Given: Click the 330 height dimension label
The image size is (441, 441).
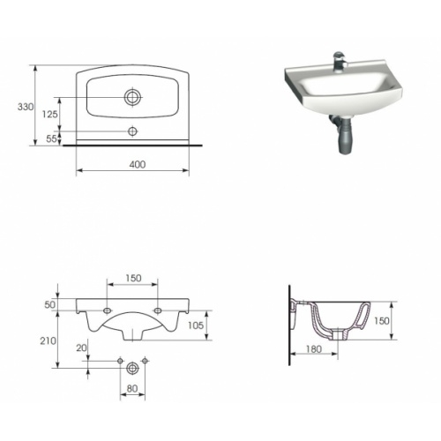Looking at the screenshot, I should (25, 107).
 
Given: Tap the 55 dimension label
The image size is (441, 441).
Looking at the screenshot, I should (51, 138).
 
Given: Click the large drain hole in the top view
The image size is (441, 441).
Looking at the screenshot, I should (134, 96).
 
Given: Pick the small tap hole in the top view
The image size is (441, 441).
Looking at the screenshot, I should (134, 131).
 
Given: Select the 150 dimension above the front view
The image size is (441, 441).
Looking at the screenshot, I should (133, 278).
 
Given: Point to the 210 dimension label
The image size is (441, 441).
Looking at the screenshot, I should (49, 340).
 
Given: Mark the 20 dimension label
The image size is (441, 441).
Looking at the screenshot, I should (80, 348).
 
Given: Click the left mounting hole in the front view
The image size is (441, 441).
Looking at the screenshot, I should (108, 311).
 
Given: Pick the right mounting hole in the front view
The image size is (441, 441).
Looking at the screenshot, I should (159, 311).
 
